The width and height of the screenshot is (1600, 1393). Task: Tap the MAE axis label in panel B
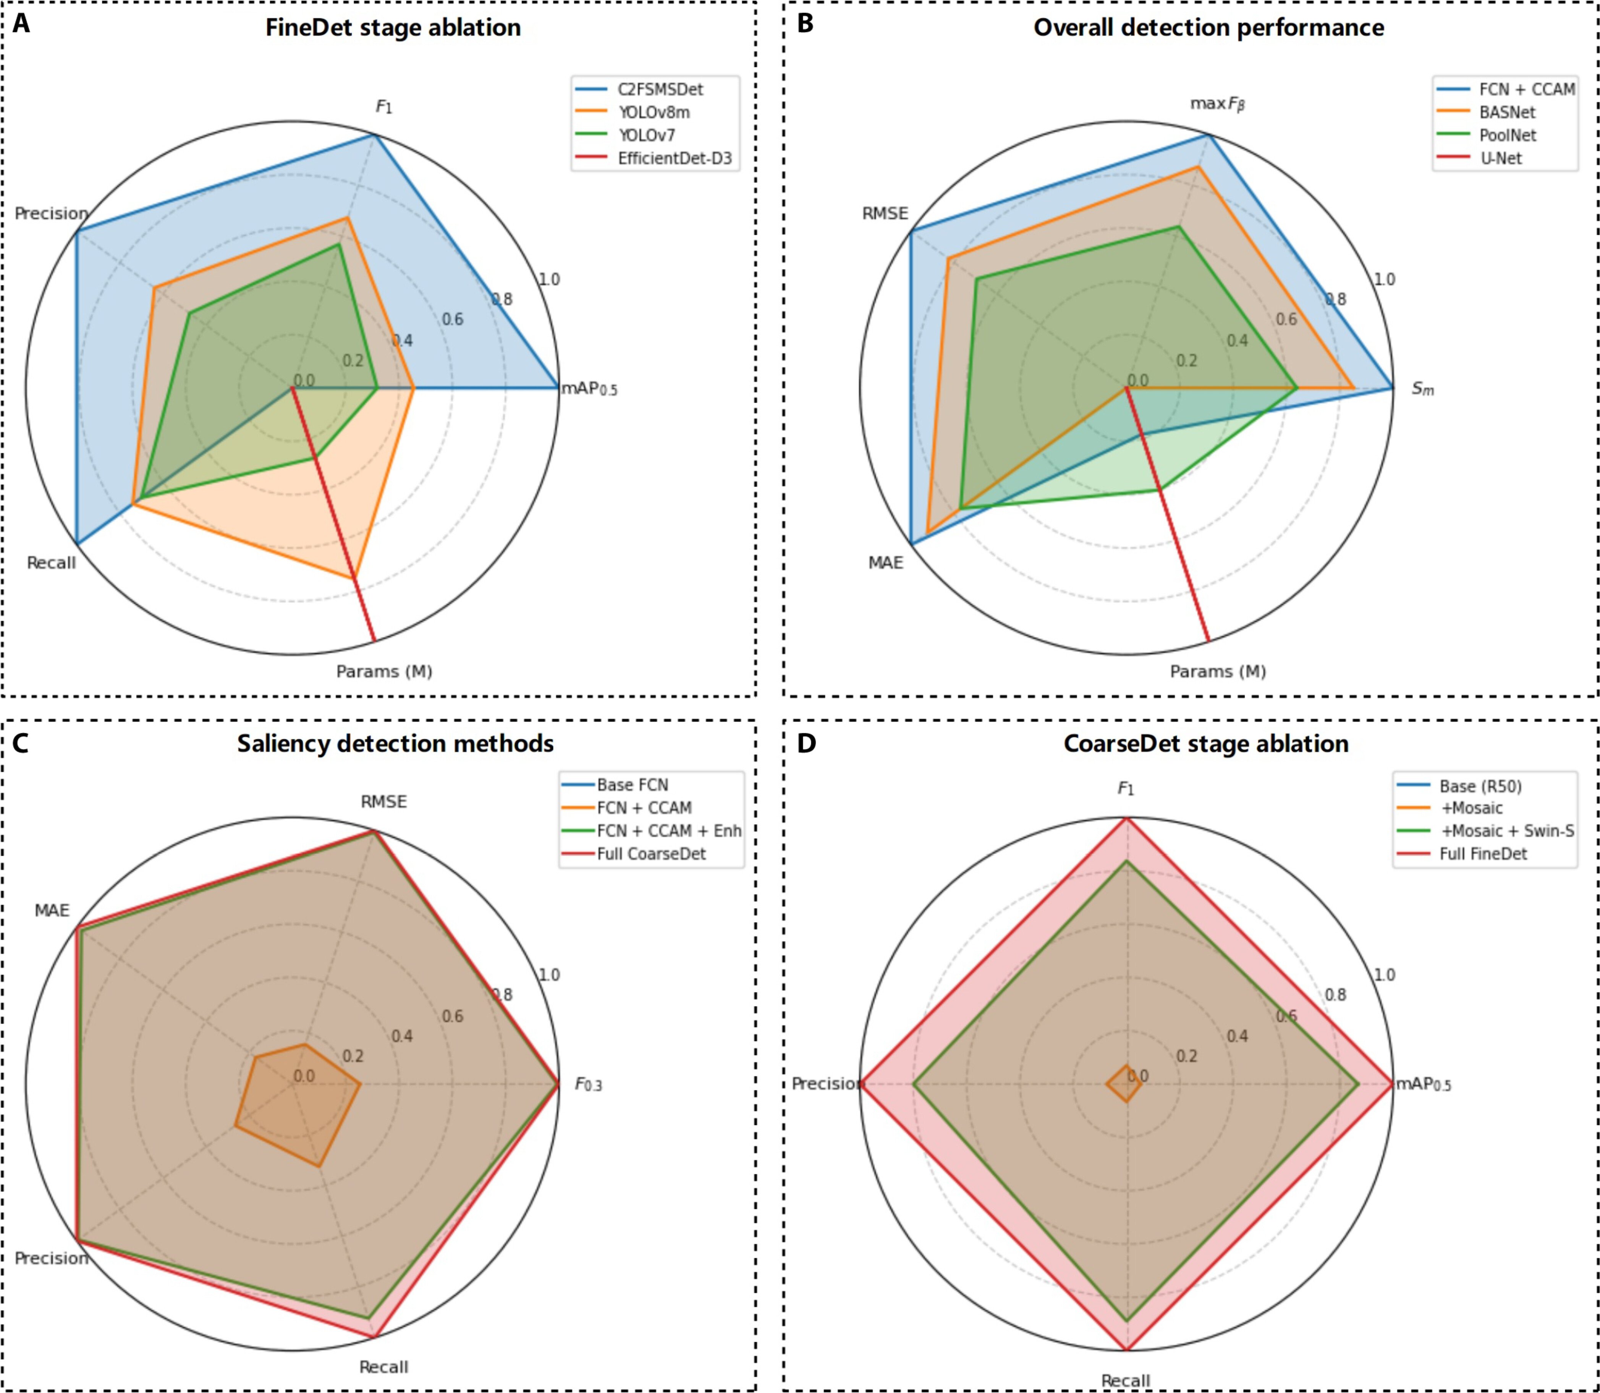[885, 562]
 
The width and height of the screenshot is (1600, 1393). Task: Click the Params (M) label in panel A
[384, 671]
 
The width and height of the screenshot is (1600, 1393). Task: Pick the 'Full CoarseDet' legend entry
[651, 853]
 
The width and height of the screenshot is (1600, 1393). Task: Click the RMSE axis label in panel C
[383, 802]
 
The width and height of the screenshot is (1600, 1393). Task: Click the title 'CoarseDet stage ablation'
[1206, 744]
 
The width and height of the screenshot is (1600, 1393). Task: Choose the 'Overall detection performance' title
[1208, 28]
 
